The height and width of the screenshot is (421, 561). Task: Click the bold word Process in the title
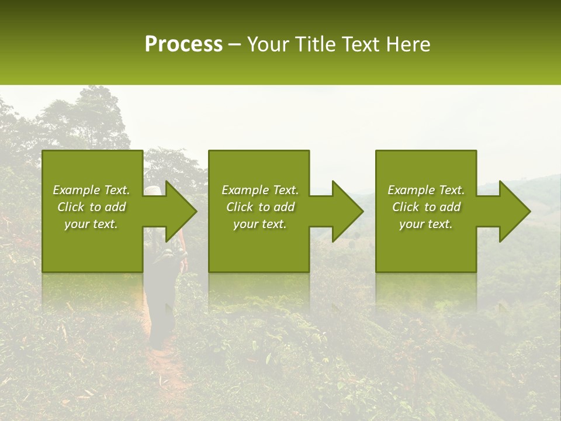pyautogui.click(x=183, y=44)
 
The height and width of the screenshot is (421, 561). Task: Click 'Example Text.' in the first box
pyautogui.click(x=91, y=190)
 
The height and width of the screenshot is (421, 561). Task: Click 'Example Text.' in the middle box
pyautogui.click(x=259, y=190)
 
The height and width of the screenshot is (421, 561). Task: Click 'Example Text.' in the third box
pyautogui.click(x=426, y=190)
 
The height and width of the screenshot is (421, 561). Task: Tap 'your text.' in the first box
pyautogui.click(x=91, y=224)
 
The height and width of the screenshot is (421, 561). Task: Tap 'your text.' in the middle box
pyautogui.click(x=259, y=224)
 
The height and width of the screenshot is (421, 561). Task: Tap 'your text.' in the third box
pyautogui.click(x=426, y=224)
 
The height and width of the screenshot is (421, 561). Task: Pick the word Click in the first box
pyautogui.click(x=71, y=207)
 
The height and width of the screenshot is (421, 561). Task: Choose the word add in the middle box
pyautogui.click(x=284, y=207)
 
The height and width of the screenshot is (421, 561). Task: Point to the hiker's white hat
pyautogui.click(x=152, y=191)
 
